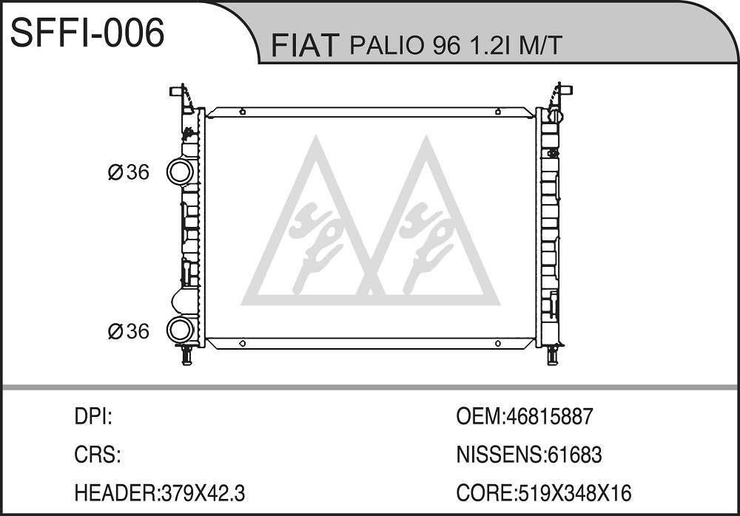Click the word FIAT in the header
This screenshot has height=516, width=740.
pos(306,45)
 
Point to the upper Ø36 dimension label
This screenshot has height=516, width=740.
pos(128,172)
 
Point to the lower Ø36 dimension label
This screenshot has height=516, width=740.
pos(128,331)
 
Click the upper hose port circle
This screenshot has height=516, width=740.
pos(181,172)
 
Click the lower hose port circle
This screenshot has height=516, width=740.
pos(181,330)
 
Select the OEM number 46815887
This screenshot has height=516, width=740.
pos(548,416)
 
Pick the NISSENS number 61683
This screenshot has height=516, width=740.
pos(574,455)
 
